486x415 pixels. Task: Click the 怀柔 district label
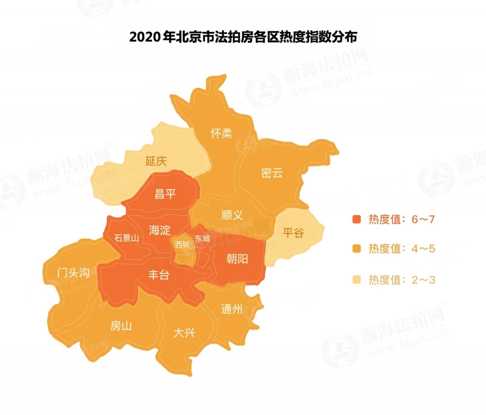coord(221,133)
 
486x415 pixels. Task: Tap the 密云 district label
coord(272,173)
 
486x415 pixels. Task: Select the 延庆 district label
coord(156,161)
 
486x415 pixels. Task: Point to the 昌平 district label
coord(165,194)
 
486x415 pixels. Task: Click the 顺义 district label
coord(232,215)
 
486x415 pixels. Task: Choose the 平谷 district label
coord(293,233)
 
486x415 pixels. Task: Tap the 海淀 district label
coord(159,230)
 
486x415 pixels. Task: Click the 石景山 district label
coord(126,238)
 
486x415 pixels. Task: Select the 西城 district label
coord(182,244)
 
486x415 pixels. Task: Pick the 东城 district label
coord(203,239)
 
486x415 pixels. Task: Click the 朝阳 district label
coord(237,259)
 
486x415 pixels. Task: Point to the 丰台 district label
coord(159,275)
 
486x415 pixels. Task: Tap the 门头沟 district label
coord(73,272)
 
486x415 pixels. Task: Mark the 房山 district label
coord(121,326)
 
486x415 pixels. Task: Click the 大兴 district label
coord(184,333)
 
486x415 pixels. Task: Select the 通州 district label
coord(232,309)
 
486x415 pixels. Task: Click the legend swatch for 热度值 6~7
coord(356,219)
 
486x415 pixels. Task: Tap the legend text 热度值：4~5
coord(402,249)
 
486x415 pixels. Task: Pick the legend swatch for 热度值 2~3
coord(356,280)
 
